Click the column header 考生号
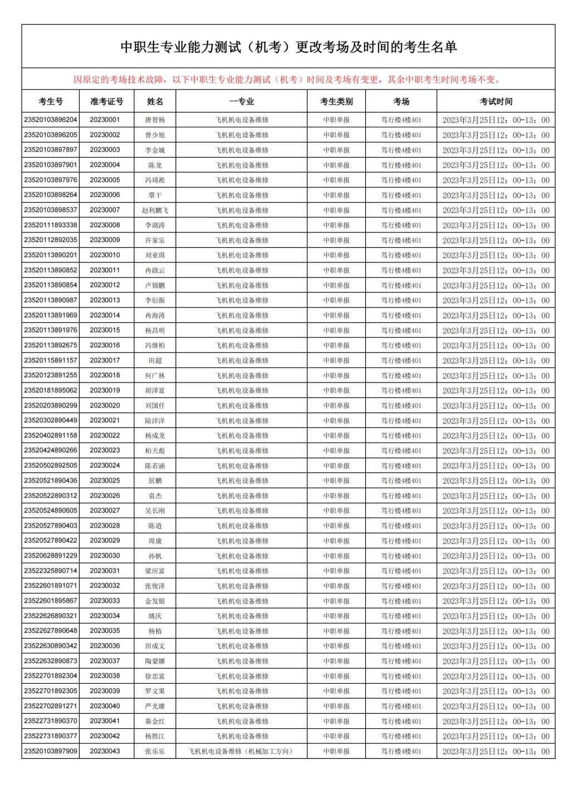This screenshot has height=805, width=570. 51,101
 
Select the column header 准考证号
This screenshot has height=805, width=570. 107,101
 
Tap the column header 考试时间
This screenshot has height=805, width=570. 496,101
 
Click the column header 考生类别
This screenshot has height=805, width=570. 336,101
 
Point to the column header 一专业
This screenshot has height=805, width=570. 242,101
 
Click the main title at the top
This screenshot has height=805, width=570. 288,47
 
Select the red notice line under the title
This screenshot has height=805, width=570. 288,79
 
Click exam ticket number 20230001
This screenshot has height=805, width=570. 105,120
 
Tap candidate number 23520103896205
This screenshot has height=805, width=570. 51,135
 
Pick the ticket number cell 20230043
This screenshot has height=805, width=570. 105,751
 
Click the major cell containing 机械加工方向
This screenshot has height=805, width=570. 242,751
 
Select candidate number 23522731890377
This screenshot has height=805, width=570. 51,736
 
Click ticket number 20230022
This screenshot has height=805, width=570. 105,435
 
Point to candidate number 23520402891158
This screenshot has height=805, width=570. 51,435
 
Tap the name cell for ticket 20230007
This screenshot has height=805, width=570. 155,210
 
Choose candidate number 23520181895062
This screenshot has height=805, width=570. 51,390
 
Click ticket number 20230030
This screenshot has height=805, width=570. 105,555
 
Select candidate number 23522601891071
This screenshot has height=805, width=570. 51,585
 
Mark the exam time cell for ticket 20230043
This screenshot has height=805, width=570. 496,751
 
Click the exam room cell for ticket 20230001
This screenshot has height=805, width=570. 401,120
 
